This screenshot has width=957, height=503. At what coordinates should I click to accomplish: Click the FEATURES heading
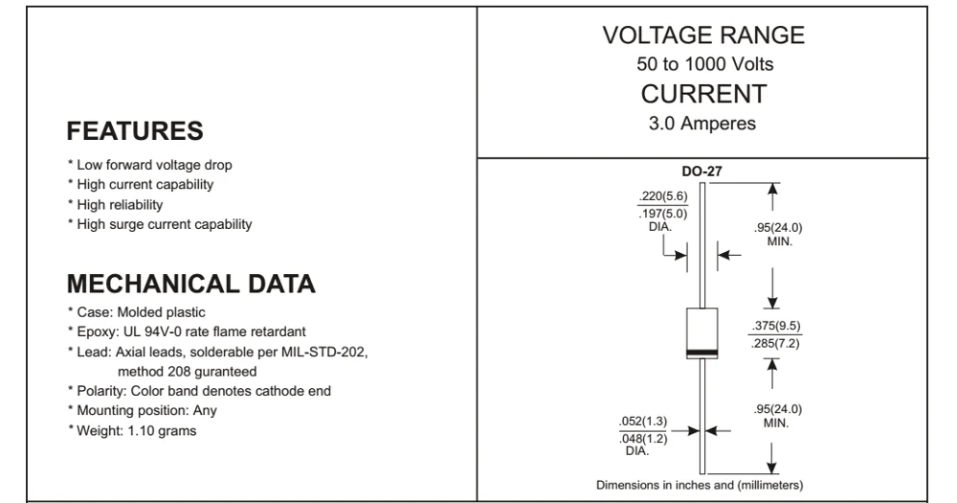click(134, 131)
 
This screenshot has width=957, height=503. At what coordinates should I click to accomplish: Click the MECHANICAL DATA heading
click(191, 285)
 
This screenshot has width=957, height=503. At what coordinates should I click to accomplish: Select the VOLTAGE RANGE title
click(703, 35)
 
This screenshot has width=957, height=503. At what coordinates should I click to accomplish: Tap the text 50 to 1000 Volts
click(703, 65)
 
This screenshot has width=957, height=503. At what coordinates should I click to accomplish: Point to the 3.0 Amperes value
click(703, 123)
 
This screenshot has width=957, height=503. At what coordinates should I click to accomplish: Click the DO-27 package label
click(702, 171)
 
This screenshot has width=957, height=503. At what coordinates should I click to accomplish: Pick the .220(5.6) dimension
click(662, 197)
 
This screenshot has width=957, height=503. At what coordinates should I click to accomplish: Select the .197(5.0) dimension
click(662, 213)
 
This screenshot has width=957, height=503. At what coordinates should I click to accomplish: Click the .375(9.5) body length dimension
click(776, 327)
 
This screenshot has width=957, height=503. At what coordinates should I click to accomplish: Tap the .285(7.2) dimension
click(776, 342)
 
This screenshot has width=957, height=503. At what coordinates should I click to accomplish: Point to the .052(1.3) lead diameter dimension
click(643, 423)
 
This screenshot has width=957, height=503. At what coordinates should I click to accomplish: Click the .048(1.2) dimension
click(643, 438)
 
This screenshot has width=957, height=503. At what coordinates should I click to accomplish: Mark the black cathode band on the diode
click(702, 353)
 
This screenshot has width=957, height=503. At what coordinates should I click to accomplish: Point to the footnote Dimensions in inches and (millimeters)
click(700, 484)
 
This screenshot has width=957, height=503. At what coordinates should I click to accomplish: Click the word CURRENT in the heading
click(703, 94)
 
